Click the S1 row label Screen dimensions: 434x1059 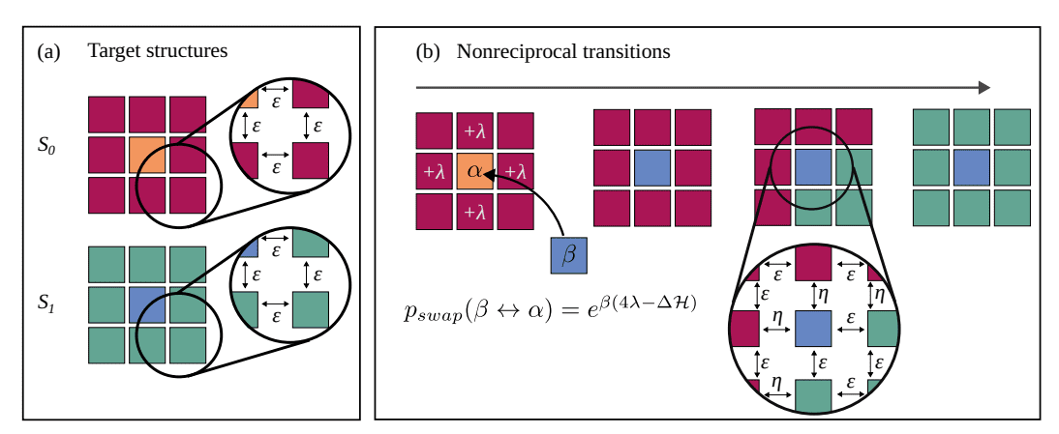point(47,303)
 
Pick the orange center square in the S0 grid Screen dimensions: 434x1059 point(147,155)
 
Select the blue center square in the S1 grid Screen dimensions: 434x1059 point(147,304)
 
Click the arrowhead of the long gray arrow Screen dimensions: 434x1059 point(983,88)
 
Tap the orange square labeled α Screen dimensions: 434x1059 point(474,171)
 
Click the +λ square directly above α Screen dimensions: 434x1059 point(474,130)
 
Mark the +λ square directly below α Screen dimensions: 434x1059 point(474,211)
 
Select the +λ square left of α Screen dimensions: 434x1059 point(434,171)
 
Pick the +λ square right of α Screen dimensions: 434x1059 point(515,171)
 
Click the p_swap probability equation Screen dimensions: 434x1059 point(549,307)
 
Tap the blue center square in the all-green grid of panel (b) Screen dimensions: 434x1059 point(972,167)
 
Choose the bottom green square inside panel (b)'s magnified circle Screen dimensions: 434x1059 point(814,397)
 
